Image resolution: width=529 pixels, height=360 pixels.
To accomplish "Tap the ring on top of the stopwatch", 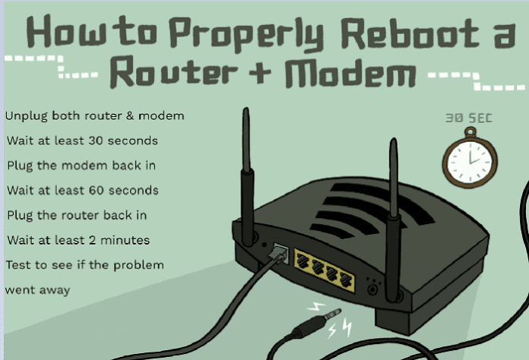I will coord(470,132).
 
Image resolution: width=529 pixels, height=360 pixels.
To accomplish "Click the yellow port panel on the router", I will coord(325,267).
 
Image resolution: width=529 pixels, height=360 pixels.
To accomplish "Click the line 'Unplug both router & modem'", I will coord(95,116).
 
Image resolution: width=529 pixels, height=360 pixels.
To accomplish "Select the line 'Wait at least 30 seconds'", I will coord(82,141).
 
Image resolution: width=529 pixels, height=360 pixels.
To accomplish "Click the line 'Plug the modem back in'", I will coord(77,165).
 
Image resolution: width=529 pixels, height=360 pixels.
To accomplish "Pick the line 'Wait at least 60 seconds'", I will coord(82,190).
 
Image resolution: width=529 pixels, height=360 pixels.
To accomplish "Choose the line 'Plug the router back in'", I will coord(77,215).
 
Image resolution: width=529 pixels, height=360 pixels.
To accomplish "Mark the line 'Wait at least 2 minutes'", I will coord(78,240).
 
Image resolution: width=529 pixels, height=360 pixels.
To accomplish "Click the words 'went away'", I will coord(37,289).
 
